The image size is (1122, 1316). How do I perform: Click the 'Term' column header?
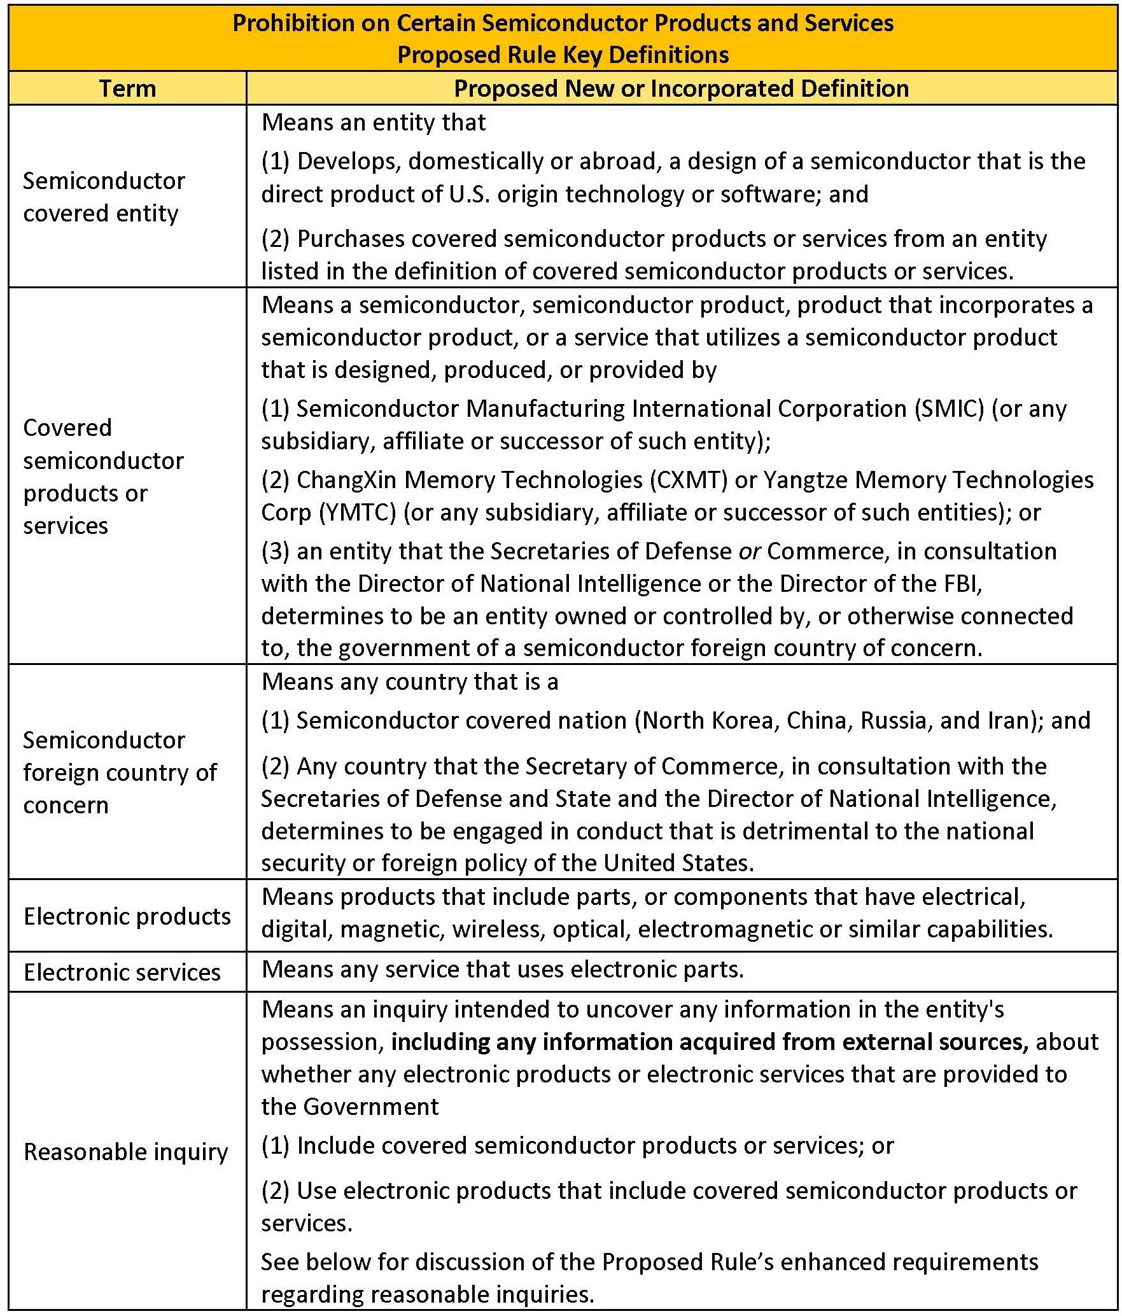tap(127, 88)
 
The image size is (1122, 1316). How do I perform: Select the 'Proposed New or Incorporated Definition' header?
tap(681, 88)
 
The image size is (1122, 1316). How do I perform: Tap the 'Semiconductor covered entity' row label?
tap(104, 197)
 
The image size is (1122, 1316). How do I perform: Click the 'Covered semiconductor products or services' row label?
tap(103, 476)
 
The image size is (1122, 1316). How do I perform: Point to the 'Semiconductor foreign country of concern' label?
tap(120, 772)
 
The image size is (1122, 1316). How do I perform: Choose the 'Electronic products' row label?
tap(127, 916)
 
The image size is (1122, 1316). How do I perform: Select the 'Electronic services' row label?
tap(122, 972)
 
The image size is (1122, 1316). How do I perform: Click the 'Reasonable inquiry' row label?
tap(125, 1151)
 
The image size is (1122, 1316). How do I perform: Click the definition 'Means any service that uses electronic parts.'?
tap(503, 969)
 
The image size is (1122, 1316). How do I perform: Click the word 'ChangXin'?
tap(347, 480)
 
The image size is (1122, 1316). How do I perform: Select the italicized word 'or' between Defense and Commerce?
tap(750, 551)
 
